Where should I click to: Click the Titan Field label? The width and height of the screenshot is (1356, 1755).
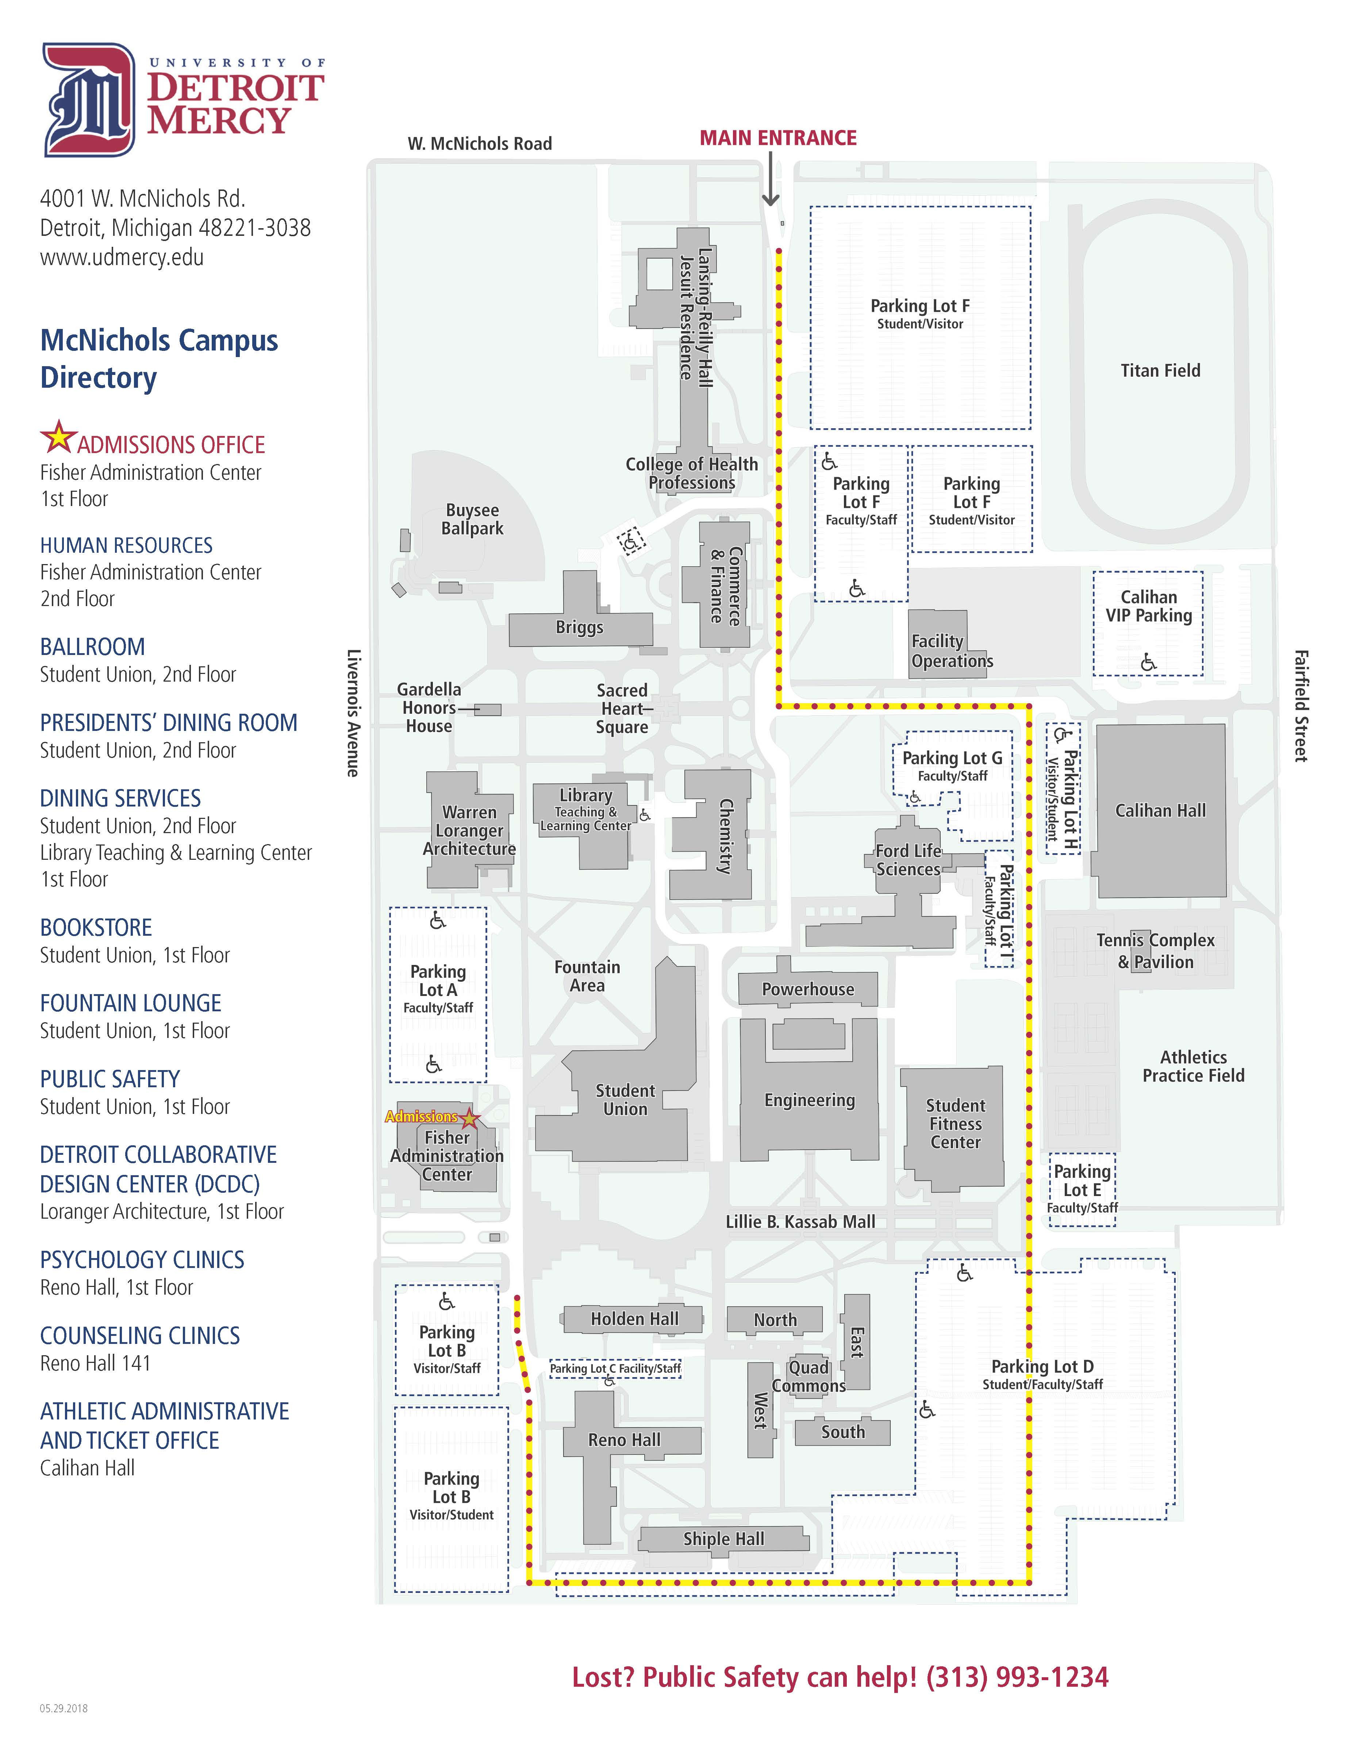click(1160, 371)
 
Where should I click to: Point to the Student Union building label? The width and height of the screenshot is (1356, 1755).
click(625, 1099)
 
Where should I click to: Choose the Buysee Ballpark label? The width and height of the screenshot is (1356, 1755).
click(472, 519)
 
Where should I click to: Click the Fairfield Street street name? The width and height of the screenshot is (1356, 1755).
click(1301, 705)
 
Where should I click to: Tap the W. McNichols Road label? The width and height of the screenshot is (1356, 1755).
click(480, 144)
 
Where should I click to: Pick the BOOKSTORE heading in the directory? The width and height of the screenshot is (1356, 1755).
click(96, 927)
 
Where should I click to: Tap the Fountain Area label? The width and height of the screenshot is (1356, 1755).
click(587, 976)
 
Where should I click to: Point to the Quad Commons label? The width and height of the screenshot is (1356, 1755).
click(808, 1376)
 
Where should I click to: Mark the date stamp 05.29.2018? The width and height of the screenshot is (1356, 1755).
click(64, 1708)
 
